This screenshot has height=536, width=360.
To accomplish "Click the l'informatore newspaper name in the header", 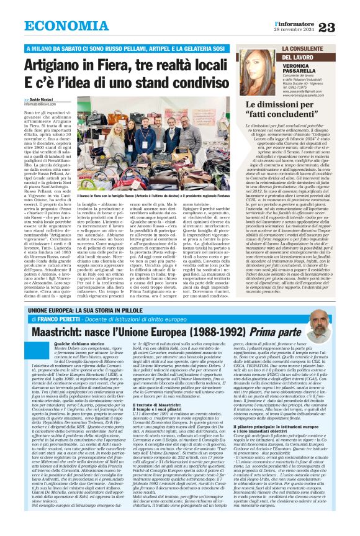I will (x=295, y=22).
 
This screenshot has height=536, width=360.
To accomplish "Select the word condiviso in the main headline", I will (x=179, y=83).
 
